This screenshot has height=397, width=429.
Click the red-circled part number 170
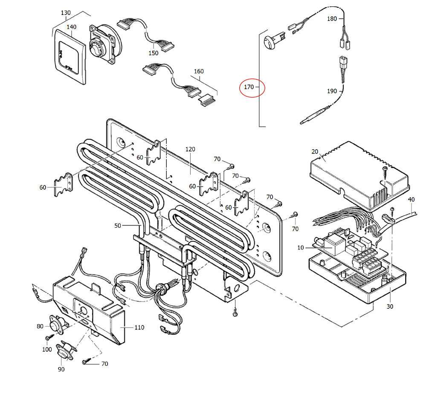[x=249, y=87]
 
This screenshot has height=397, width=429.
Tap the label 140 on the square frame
[x=71, y=27]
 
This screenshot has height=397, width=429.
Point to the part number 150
[x=153, y=53]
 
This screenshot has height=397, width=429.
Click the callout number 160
[x=199, y=71]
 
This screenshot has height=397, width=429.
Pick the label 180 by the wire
[x=332, y=19]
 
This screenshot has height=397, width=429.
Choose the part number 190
[x=332, y=91]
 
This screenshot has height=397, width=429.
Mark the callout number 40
[x=411, y=200]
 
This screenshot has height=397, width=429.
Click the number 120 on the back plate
[x=190, y=149]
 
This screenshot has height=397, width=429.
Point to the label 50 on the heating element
[x=118, y=225]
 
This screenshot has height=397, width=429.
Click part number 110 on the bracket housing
[x=139, y=327]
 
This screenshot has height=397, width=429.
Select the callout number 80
[x=40, y=327]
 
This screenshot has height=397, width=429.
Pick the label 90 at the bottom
[x=61, y=369]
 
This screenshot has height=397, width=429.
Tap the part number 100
[x=47, y=350]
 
